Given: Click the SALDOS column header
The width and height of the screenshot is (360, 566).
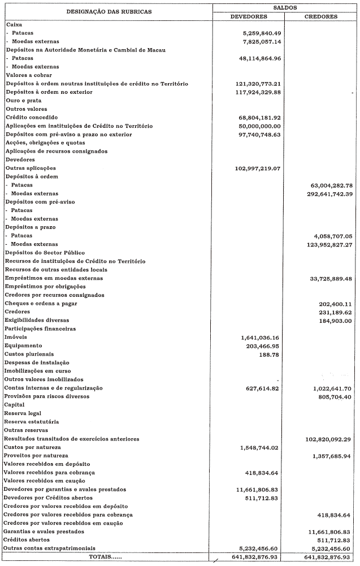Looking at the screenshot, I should pyautogui.click(x=284, y=7).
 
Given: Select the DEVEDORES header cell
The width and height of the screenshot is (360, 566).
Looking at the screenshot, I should pyautogui.click(x=249, y=16).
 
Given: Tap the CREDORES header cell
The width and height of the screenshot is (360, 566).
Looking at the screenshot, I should pyautogui.click(x=320, y=16).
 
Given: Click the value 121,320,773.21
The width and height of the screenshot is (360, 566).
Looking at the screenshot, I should pyautogui.click(x=258, y=84).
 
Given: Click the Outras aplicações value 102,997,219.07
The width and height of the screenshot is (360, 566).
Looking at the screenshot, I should pyautogui.click(x=258, y=168).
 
